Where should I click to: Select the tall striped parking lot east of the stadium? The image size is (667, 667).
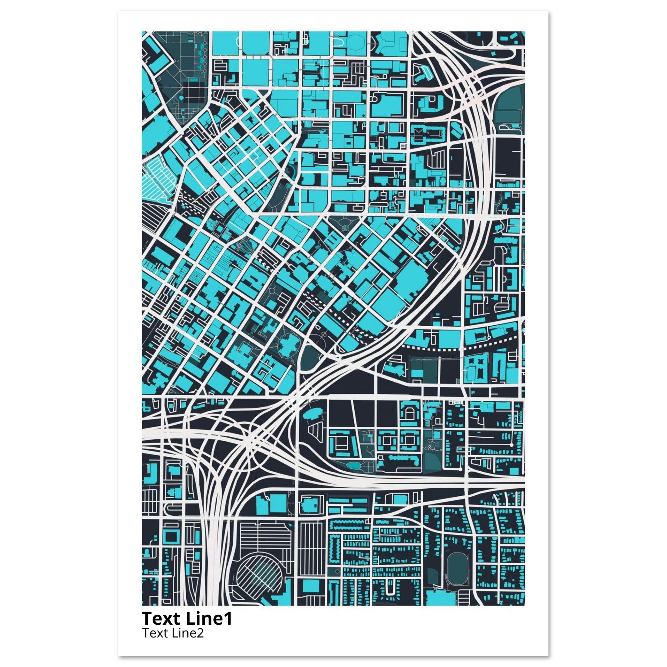coord(312,549)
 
